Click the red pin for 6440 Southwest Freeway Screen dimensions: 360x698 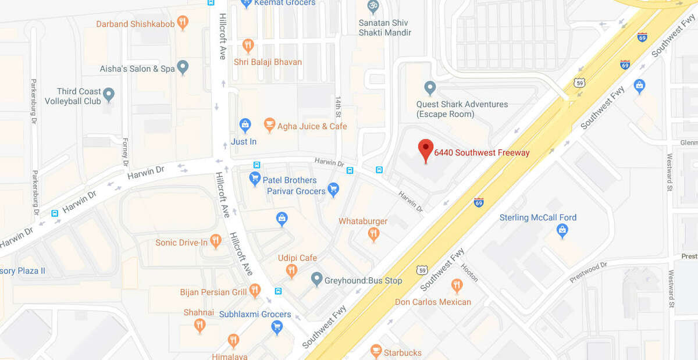coord(426,149)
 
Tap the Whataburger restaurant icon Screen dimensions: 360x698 coord(373,234)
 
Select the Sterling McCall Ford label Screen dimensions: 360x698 coord(538,218)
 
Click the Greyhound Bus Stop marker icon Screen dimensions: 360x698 coord(316,280)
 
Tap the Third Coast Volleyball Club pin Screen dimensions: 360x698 coord(108,94)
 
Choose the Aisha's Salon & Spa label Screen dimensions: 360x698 coord(137,69)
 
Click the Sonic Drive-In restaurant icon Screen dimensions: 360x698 coord(216,241)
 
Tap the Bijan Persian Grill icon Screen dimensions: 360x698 coord(254,290)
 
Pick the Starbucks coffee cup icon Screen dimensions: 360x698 coord(376,351)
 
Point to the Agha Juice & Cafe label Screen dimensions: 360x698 coord(312,126)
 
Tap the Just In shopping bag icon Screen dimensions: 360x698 coord(245,124)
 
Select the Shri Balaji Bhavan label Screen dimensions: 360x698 coord(268,62)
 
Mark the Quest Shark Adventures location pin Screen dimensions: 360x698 coord(430,88)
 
